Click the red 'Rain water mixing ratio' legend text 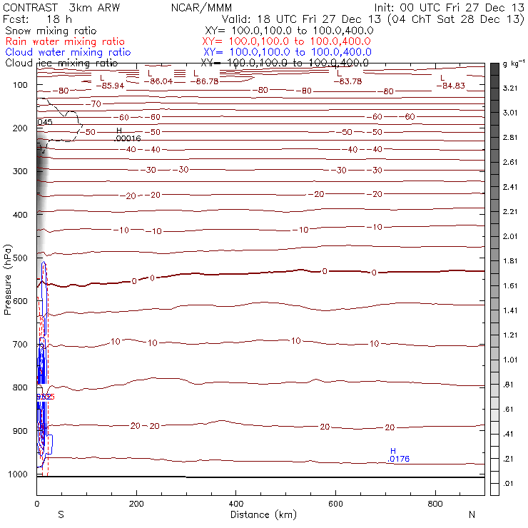click(x=64, y=41)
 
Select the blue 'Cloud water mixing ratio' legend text click(x=68, y=52)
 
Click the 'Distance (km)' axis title click(x=261, y=514)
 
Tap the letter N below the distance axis click(x=472, y=514)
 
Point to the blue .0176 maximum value click(x=398, y=459)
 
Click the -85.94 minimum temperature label click(x=113, y=86)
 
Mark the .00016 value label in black click(x=127, y=138)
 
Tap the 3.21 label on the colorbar click(x=509, y=88)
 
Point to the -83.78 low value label click(x=350, y=81)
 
